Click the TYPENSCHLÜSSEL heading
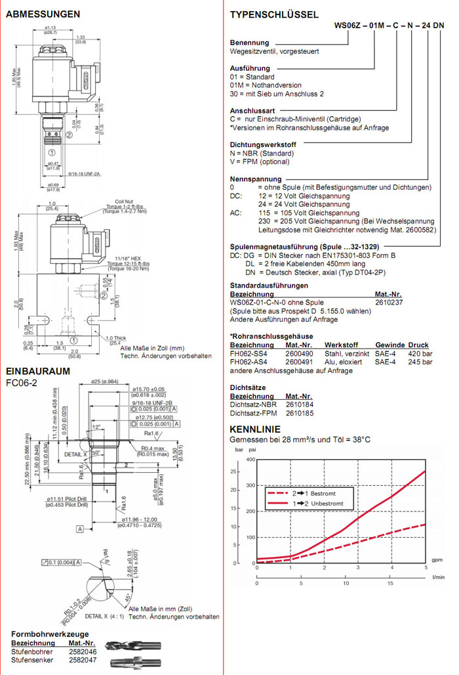click(x=274, y=14)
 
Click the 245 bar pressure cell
click(x=418, y=362)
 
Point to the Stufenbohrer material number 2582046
click(x=83, y=652)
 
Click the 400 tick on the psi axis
click(x=249, y=459)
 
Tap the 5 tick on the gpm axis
click(x=426, y=567)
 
